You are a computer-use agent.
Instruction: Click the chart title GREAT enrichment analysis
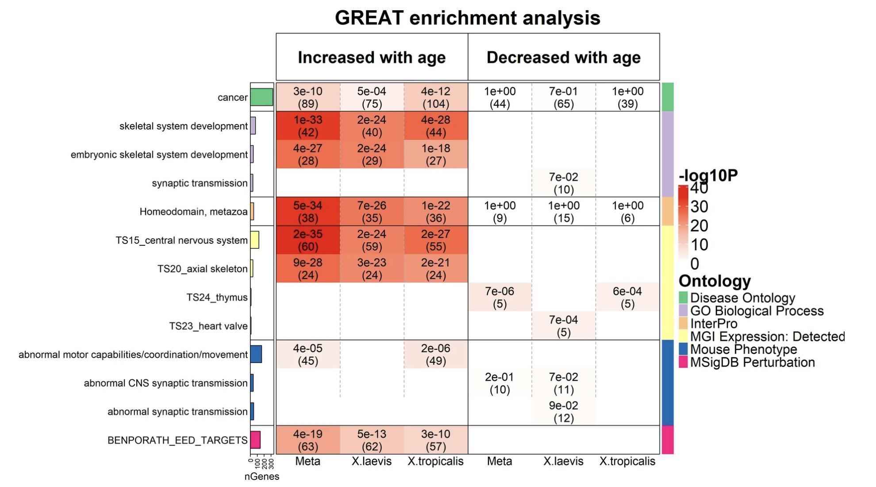(x=467, y=18)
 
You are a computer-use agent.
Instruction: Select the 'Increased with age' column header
(x=372, y=58)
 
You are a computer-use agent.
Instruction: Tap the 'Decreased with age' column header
(x=563, y=58)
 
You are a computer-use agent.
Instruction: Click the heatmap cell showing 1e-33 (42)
(x=308, y=126)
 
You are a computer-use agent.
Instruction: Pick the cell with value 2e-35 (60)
(x=308, y=240)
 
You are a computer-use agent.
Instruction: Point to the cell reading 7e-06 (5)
(x=499, y=297)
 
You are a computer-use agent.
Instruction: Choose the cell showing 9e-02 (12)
(x=563, y=411)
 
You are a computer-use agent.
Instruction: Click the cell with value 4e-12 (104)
(x=435, y=97)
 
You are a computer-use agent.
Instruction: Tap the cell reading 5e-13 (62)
(x=372, y=440)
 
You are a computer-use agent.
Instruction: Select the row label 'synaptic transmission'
(x=200, y=183)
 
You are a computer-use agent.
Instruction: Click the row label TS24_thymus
(x=217, y=298)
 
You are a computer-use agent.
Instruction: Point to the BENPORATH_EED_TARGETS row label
(x=177, y=441)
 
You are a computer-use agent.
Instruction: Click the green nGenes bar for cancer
(x=261, y=97)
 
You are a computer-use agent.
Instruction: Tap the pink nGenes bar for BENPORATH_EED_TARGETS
(x=255, y=440)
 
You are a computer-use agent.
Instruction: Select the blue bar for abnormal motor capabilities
(x=256, y=354)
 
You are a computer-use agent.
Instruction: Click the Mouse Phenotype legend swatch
(x=683, y=349)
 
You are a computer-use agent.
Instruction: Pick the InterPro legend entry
(x=713, y=324)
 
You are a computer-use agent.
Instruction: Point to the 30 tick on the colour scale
(x=699, y=207)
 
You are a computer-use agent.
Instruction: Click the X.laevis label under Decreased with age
(x=563, y=461)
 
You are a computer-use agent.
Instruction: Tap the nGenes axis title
(x=262, y=477)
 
